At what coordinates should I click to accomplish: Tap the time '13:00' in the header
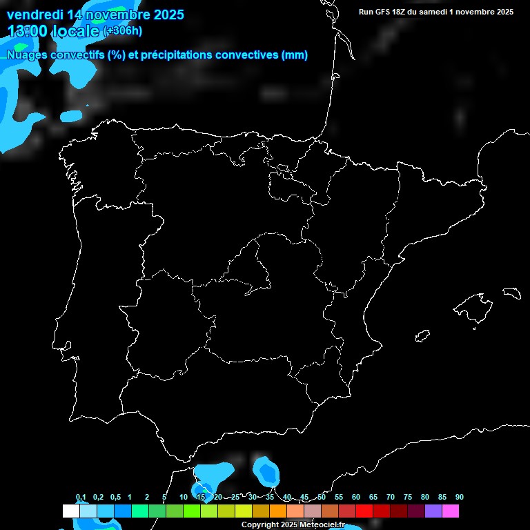click(27, 30)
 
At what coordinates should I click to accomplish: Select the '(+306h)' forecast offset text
click(122, 31)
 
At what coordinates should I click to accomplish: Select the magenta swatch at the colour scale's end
click(451, 511)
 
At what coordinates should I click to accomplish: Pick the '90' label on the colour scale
click(459, 498)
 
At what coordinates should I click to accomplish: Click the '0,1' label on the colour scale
click(81, 498)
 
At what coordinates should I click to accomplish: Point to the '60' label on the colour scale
click(356, 498)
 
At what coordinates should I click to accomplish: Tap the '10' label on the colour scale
click(184, 498)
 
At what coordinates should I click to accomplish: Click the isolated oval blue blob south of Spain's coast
click(266, 471)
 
